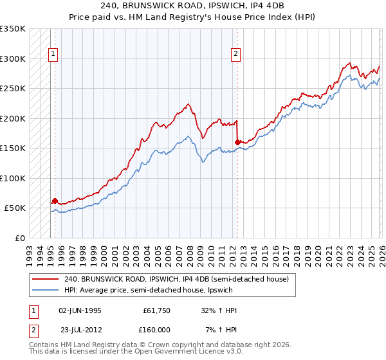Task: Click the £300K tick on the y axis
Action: (12, 59)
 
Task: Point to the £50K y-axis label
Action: (15, 208)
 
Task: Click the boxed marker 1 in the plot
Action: (52, 54)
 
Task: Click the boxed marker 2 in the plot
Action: (236, 54)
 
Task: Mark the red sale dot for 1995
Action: (55, 201)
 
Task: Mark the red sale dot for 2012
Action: (237, 142)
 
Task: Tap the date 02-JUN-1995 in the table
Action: (80, 310)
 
